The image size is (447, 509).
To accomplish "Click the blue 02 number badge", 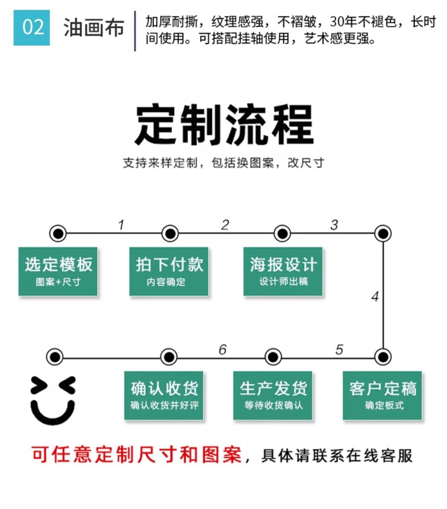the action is click(x=32, y=28).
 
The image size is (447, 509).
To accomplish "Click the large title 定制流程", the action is click(x=223, y=124).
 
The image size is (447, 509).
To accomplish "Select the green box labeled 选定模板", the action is click(x=58, y=271).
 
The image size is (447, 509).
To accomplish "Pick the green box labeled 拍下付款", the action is click(x=169, y=271).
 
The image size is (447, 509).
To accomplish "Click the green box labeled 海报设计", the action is click(x=283, y=271).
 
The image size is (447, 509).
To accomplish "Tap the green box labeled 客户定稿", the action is click(x=382, y=395).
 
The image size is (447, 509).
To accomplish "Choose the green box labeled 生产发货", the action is click(x=273, y=395).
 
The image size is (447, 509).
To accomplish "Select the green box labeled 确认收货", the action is click(x=164, y=395).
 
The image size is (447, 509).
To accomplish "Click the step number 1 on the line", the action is click(x=121, y=225).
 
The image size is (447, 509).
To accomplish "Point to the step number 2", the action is click(x=225, y=225).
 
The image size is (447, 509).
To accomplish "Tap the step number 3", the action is click(x=334, y=225).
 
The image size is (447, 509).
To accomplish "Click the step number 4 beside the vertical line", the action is click(x=375, y=297).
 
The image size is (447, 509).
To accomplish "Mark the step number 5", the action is click(x=339, y=349).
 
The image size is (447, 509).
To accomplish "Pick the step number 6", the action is click(x=222, y=349).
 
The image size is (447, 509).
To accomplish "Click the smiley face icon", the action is click(x=53, y=400).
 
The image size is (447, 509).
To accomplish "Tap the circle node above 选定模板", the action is click(x=58, y=233).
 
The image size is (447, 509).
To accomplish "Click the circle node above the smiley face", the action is click(x=55, y=357).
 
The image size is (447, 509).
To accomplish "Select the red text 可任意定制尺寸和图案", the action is click(x=136, y=455).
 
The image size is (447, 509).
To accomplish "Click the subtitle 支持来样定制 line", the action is click(x=223, y=163).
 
